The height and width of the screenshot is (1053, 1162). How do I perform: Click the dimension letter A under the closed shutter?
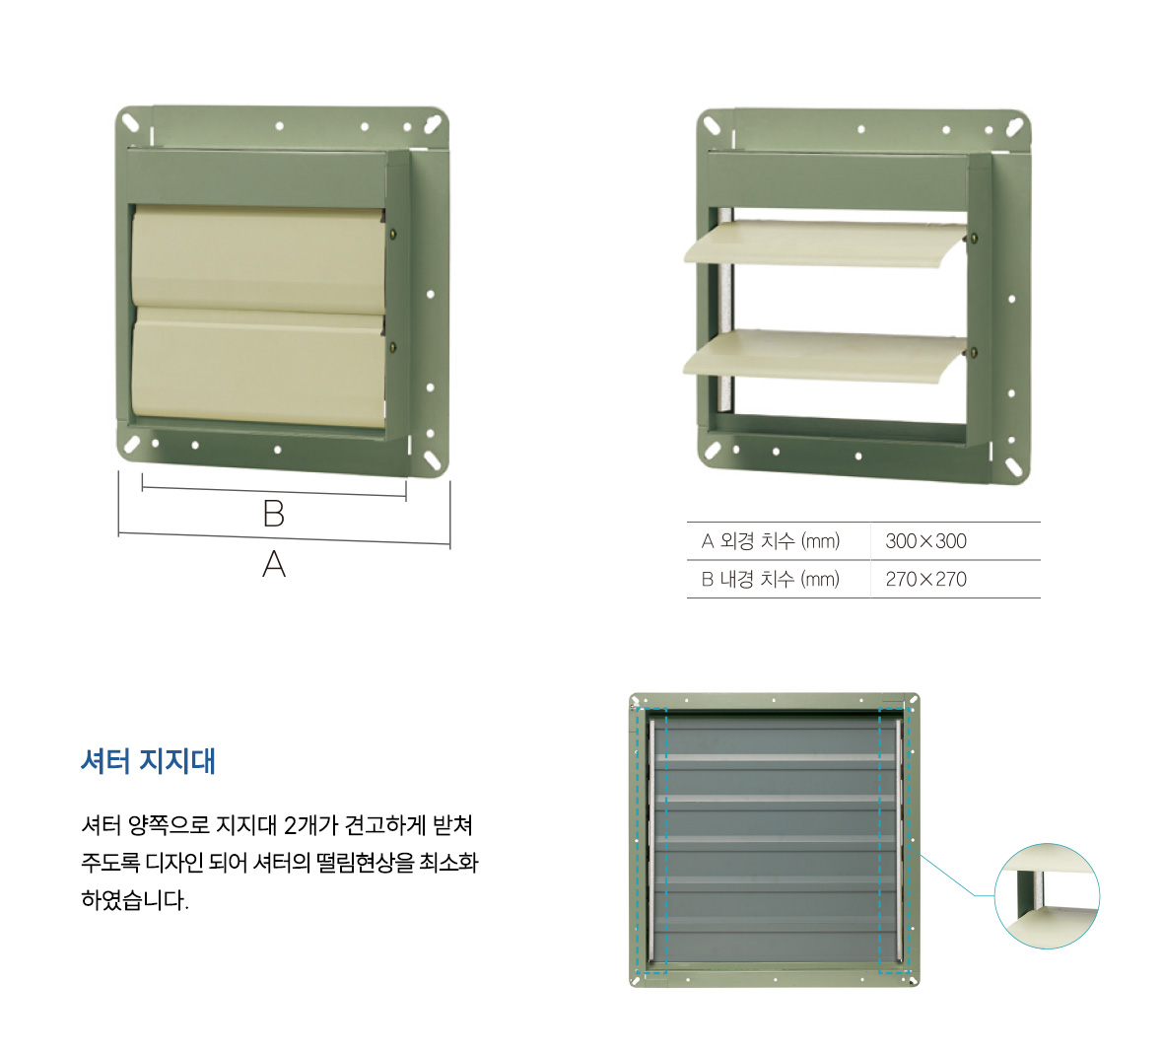click(274, 564)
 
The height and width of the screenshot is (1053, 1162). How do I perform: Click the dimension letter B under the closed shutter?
click(274, 513)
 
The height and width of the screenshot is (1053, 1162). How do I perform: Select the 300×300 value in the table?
click(925, 541)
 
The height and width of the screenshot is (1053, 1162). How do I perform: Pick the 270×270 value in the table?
click(925, 579)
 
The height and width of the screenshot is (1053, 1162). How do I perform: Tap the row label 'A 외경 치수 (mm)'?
click(771, 541)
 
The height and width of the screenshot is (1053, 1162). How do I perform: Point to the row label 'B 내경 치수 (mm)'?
click(771, 579)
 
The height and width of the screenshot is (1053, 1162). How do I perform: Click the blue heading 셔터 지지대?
click(148, 761)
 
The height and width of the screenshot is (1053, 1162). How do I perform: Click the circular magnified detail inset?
click(1047, 896)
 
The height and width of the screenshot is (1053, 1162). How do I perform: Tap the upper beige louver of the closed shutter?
click(258, 256)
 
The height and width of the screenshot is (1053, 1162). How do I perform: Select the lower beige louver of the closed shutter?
click(258, 367)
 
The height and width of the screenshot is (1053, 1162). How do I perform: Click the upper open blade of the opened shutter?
click(825, 244)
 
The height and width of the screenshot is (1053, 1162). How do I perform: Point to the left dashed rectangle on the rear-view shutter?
click(652, 841)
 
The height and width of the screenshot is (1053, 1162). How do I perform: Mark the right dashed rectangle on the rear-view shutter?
click(894, 841)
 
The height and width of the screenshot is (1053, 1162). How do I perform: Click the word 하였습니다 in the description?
click(135, 900)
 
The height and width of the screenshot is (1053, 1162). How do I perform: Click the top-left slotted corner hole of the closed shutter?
click(130, 122)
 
